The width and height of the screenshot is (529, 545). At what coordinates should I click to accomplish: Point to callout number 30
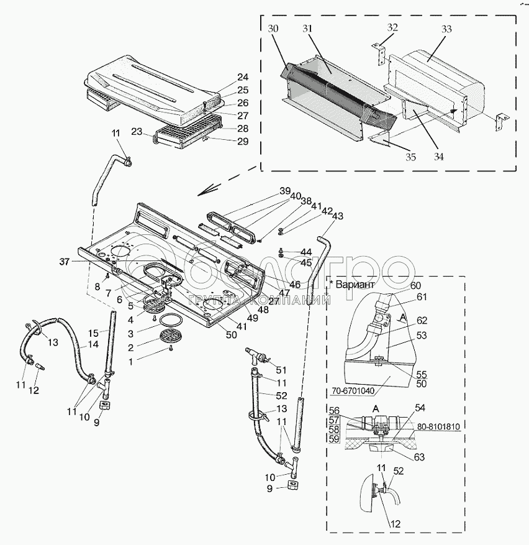[274, 29]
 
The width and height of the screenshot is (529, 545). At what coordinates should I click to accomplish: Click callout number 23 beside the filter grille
[137, 131]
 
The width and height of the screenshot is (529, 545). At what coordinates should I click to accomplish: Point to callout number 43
[337, 216]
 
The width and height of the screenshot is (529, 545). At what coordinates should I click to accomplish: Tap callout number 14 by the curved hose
[93, 344]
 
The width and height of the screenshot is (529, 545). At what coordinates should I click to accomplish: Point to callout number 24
[242, 78]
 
